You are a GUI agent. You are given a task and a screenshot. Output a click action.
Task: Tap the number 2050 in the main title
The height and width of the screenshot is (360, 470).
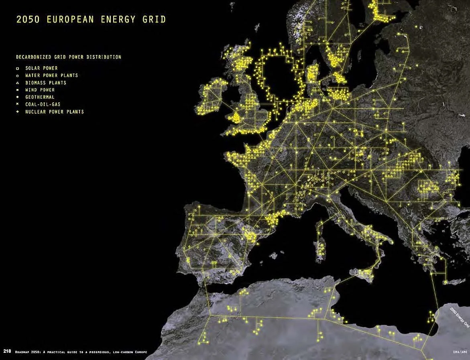28,19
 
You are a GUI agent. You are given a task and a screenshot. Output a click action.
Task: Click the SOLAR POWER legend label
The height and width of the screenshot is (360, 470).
41,68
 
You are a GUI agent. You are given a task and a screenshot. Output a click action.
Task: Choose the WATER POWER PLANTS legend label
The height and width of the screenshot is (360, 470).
51,75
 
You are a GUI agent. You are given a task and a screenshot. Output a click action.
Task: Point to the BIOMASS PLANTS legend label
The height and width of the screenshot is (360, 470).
46,83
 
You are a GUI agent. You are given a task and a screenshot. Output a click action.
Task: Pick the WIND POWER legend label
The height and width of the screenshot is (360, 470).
40,90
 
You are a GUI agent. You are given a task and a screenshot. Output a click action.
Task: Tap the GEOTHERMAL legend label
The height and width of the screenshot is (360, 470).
40,97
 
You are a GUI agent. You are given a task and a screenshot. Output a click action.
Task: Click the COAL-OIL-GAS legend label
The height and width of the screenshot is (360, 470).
43,104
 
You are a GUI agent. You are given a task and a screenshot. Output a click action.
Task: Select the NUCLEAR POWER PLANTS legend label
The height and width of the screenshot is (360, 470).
55,112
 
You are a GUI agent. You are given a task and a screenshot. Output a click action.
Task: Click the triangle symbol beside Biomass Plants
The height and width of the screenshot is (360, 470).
18,83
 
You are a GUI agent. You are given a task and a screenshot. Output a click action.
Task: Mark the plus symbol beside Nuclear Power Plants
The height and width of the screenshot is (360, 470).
18,112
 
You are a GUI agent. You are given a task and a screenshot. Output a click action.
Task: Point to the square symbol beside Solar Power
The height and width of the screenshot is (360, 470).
18,69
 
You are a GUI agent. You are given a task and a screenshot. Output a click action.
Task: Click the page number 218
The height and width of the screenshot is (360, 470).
7,352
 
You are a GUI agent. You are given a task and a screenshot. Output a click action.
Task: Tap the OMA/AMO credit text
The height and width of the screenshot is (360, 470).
459,352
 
